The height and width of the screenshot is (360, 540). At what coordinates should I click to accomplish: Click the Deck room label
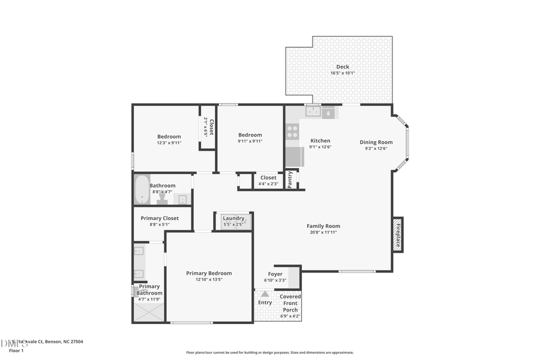pyautogui.click(x=343, y=67)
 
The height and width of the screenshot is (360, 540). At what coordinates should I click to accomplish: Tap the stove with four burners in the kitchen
pyautogui.click(x=293, y=132)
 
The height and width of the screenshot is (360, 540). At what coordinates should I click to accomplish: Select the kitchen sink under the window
pyautogui.click(x=313, y=112)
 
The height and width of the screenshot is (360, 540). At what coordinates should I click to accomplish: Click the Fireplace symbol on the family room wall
pyautogui.click(x=397, y=233)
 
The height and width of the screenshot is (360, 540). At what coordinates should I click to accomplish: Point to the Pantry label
pyautogui.click(x=290, y=179)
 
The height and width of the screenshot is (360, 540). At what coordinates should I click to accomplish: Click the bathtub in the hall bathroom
pyautogui.click(x=142, y=190)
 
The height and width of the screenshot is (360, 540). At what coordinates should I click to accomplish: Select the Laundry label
pyautogui.click(x=233, y=218)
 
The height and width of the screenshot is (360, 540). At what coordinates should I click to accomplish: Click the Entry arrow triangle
pyautogui.click(x=265, y=294)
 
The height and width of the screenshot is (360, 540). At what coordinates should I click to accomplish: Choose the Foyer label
pyautogui.click(x=275, y=274)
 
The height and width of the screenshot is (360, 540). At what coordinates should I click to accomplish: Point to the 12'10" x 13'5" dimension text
pyautogui.click(x=209, y=280)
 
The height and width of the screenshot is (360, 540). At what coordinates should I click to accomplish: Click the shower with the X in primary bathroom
pyautogui.click(x=148, y=313)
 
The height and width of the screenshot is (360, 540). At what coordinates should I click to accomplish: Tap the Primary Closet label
pyautogui.click(x=160, y=218)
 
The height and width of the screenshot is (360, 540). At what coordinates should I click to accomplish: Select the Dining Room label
pyautogui.click(x=376, y=142)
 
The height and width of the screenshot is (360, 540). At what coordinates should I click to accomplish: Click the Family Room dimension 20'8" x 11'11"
pyautogui.click(x=323, y=232)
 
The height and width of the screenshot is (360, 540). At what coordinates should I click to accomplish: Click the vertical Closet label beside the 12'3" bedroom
pyautogui.click(x=211, y=127)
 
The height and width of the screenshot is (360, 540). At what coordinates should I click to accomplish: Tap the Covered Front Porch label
pyautogui.click(x=290, y=303)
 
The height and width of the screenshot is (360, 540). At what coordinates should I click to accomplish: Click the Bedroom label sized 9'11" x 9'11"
pyautogui.click(x=250, y=135)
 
